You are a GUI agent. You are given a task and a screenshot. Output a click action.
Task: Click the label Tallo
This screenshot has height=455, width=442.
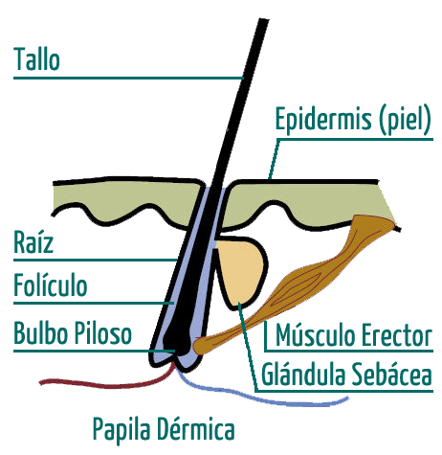(36, 59)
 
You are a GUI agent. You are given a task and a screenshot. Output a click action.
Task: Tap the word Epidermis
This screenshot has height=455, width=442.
(323, 120)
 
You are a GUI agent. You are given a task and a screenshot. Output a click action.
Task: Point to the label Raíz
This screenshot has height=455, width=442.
(33, 241)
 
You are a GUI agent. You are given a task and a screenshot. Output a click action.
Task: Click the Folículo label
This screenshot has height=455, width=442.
(51, 284)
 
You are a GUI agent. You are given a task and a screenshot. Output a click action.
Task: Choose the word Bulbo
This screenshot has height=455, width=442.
(41, 332)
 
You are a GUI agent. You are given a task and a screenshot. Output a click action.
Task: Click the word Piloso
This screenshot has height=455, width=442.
(102, 332)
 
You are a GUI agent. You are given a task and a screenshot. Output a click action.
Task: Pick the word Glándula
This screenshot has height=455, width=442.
(303, 375)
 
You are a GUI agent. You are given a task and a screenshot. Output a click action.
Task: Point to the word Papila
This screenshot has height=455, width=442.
(122, 429)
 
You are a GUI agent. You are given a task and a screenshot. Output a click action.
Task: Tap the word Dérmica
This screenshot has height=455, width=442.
(195, 429)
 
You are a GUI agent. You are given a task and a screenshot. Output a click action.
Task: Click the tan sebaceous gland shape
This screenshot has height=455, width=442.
(240, 271)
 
